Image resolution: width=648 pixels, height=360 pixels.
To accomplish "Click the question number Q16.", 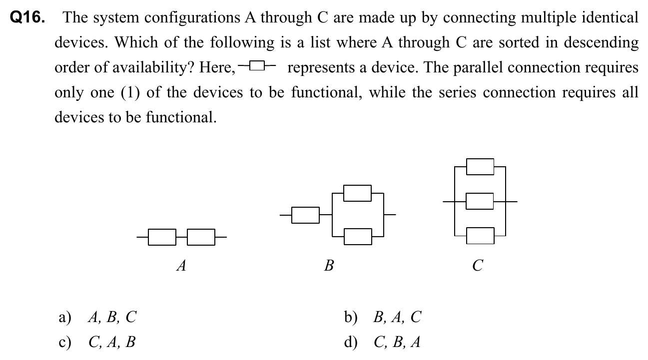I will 27,18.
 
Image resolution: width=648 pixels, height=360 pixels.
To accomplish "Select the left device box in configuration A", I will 162,237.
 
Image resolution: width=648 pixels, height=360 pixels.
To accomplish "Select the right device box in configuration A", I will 201,237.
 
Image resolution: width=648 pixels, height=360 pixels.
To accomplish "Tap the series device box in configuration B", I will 305,215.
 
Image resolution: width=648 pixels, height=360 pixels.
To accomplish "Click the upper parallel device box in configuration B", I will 358,193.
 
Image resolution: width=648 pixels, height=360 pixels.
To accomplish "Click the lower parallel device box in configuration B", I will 358,237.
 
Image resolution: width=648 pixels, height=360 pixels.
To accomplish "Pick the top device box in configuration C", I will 480,167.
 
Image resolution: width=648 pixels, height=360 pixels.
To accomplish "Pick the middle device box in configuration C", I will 480,202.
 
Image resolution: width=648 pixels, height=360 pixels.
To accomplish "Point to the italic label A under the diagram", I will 182,265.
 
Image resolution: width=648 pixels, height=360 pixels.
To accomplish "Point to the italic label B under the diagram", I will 329,265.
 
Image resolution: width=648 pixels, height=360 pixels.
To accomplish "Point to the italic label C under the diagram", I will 478,265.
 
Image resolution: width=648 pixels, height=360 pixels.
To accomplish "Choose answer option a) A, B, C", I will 98,317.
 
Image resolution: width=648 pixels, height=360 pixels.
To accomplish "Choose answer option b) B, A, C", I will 383,317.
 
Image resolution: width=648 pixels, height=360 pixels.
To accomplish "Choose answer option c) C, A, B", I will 98,342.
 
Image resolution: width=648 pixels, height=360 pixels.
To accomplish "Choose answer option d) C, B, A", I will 383,342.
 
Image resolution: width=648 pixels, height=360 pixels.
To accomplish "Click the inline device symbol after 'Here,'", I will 257,66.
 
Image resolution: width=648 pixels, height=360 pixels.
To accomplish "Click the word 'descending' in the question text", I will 601,43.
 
